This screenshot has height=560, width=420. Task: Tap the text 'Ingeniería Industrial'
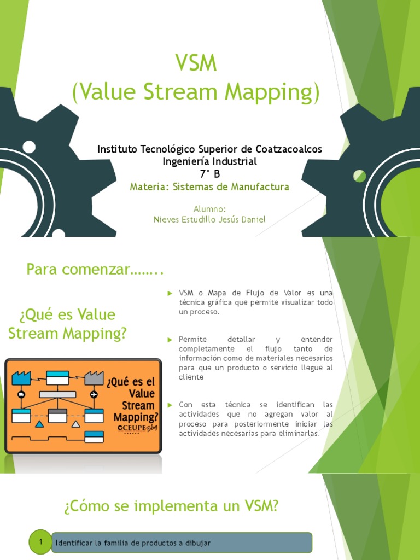tap(209, 161)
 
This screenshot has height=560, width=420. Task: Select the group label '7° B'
tap(210, 174)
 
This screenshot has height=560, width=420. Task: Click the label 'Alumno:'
tap(209, 208)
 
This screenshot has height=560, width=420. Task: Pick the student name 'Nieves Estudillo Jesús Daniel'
tap(209, 219)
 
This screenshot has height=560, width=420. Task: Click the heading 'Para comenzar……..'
tap(95, 270)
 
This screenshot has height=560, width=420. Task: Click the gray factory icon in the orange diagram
tap(94, 377)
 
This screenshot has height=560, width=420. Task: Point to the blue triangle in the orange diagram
tap(39, 424)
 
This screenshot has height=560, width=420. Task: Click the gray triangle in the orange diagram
tap(75, 424)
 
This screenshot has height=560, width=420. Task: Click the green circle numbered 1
tap(40, 542)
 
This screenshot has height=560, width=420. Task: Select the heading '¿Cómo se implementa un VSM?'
tap(171, 506)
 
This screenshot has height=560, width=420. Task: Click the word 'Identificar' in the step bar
tap(74, 543)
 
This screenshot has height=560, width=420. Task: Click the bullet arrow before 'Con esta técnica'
tap(170, 405)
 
